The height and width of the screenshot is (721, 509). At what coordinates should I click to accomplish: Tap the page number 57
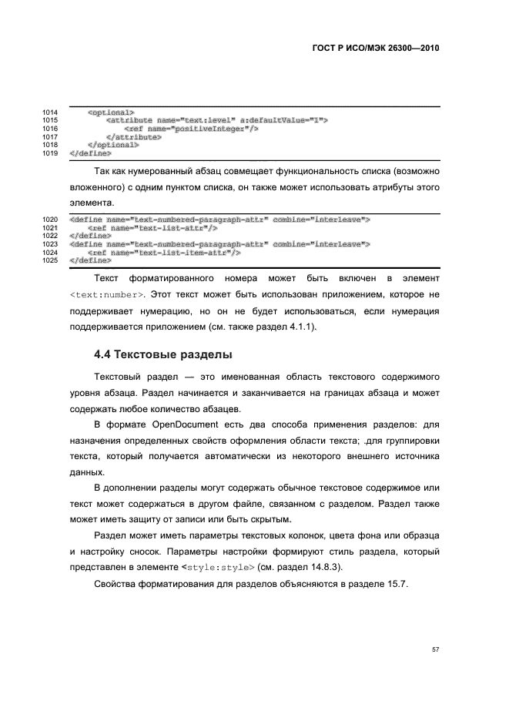point(435,650)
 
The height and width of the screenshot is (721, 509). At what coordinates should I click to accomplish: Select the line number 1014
point(51,112)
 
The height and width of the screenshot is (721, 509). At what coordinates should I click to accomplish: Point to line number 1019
point(51,153)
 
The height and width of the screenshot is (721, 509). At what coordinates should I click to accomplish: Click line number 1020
point(51,220)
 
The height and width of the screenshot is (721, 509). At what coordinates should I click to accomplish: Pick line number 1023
point(51,244)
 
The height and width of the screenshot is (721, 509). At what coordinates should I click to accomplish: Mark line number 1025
point(51,260)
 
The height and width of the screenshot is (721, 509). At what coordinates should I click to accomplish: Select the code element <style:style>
point(219,568)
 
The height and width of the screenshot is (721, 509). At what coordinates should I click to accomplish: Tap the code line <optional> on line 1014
point(111,112)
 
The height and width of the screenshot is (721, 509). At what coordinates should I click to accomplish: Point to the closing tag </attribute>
point(134,137)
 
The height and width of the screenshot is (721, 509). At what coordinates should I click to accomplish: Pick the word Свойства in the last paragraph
point(114,585)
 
